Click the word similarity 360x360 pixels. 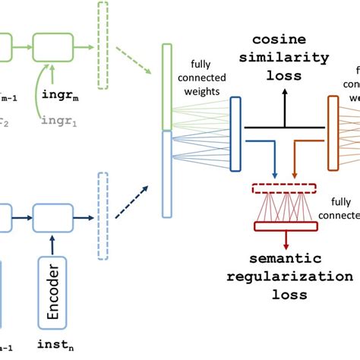click(x=280, y=59)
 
